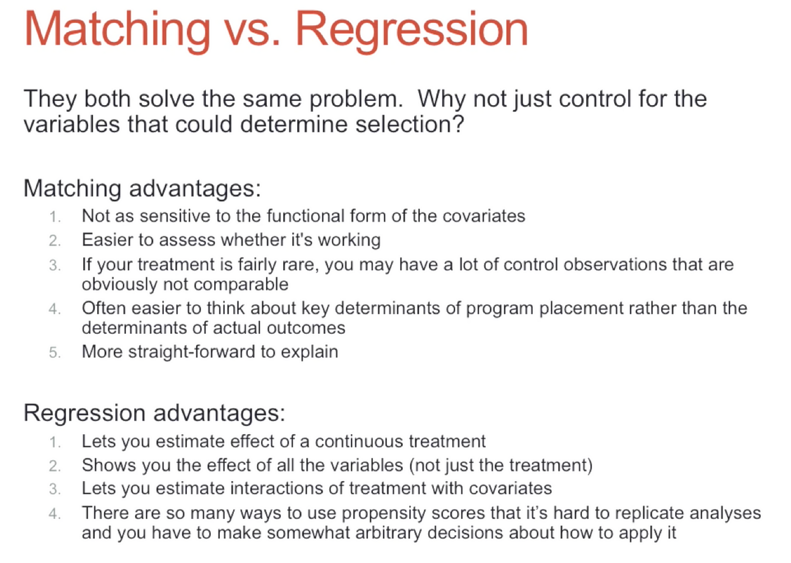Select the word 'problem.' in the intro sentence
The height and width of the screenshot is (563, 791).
[357, 99]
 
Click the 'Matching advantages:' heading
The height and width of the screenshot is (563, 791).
[142, 189]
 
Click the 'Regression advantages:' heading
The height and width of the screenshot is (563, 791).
[154, 413]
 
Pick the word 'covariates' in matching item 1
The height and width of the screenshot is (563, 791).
[484, 216]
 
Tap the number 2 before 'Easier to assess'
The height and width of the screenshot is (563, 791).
[55, 241]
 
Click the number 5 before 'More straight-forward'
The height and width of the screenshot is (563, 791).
[55, 352]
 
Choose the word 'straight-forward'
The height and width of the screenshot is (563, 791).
[192, 352]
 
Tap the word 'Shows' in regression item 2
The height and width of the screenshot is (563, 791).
[108, 465]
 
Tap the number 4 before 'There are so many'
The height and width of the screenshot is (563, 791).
[55, 514]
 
